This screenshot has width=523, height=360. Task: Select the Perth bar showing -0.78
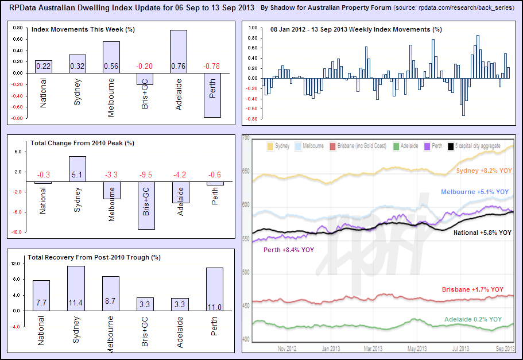pos(213,95)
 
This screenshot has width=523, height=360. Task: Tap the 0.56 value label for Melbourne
pos(111,66)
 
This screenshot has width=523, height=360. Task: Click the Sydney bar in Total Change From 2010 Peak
pos(77,169)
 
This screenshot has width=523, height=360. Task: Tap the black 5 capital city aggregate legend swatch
pos(451,147)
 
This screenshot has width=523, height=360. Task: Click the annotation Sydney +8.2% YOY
pos(483,171)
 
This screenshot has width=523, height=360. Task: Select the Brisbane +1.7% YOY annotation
pos(472,289)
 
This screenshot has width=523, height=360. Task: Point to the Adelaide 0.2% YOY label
pos(472,319)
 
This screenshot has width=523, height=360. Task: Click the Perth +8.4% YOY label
pos(289,250)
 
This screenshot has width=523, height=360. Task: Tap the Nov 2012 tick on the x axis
pos(287,349)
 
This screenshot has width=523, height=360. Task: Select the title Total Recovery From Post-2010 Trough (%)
pos(95,257)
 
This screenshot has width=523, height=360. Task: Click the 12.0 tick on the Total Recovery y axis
pos(16,264)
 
